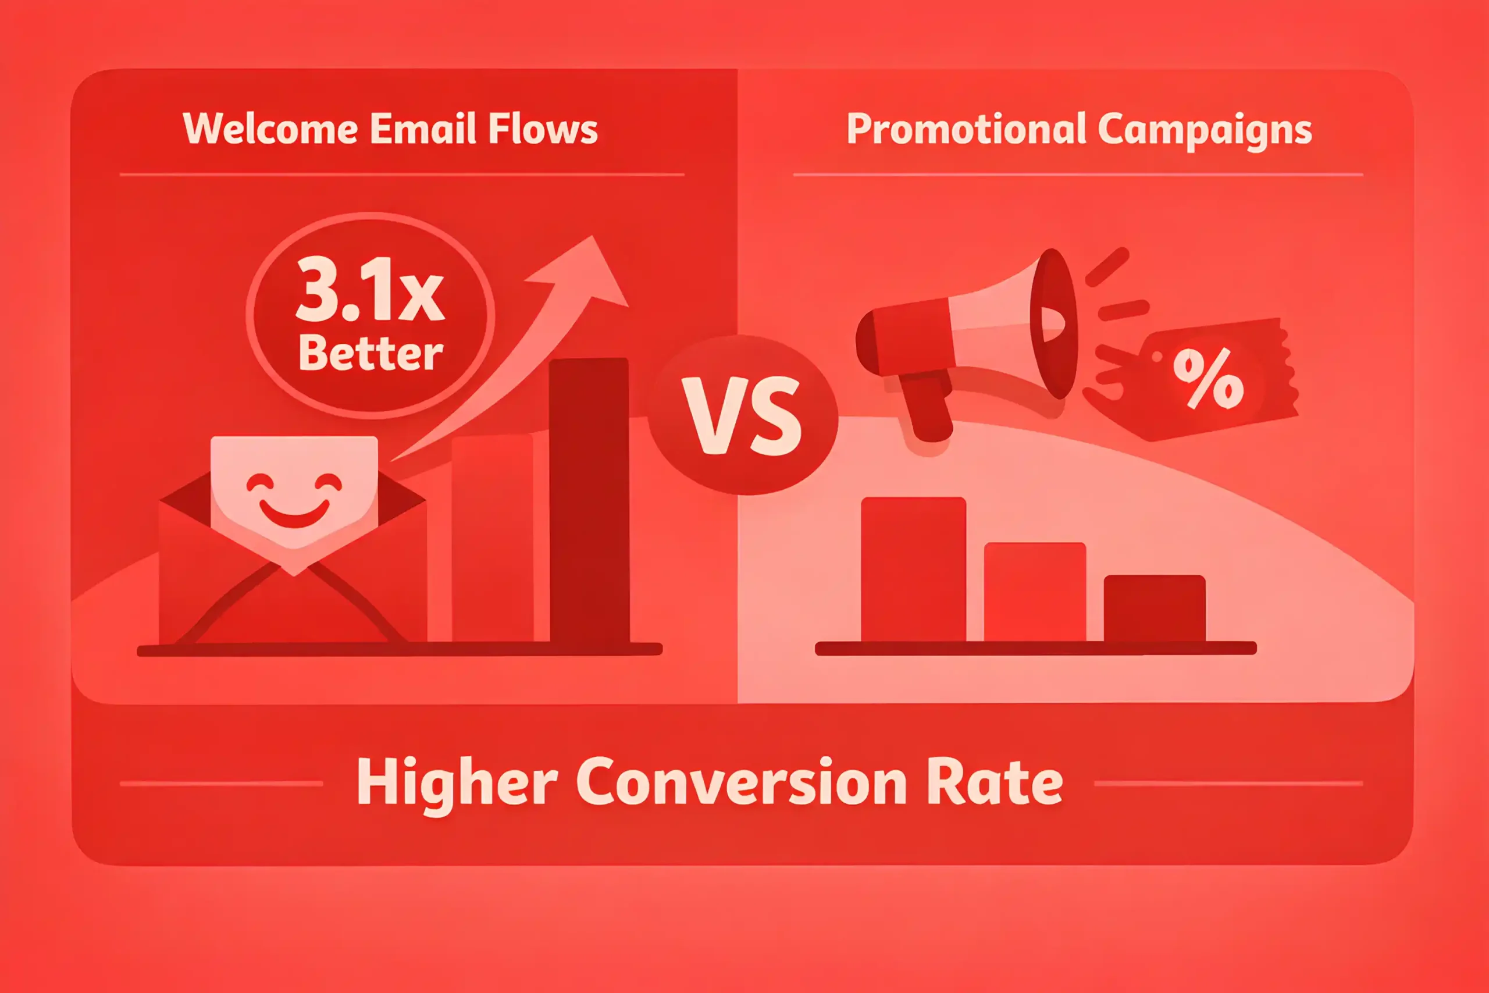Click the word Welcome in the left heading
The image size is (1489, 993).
pos(270,129)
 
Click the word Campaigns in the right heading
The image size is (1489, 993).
pos(1205,130)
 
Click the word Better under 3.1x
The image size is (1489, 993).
pos(371,353)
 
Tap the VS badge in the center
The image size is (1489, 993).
pos(743,415)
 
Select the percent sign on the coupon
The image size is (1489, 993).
pos(1208,378)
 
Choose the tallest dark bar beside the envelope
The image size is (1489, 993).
pos(589,501)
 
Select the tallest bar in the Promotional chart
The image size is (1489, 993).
pos(914,570)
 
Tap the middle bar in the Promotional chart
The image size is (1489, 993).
pos(1035,593)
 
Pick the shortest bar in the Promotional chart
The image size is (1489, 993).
pos(1155,609)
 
